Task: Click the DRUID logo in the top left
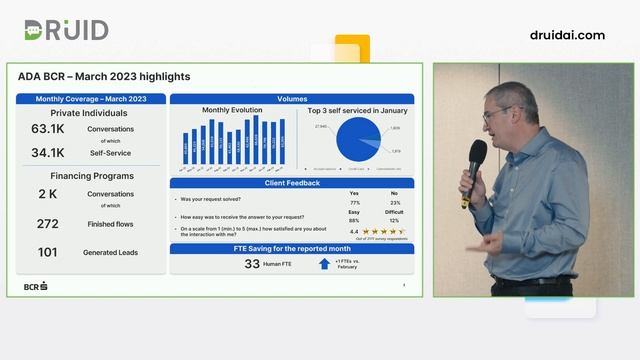coord(66,31)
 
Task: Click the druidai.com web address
coord(567,35)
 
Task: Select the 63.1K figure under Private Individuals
coord(47,129)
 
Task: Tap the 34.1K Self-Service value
coord(47,153)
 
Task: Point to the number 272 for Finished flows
coord(48,224)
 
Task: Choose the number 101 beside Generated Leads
coord(48,252)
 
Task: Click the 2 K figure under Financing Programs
coord(48,194)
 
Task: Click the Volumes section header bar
coord(292,99)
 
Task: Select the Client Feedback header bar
coord(292,183)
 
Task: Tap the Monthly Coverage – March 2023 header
coord(91,99)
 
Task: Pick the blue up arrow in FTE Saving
coord(324,264)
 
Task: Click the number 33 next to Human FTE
coord(252,264)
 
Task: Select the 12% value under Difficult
coord(394,220)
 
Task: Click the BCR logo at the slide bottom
coord(36,287)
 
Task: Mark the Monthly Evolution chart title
coord(232,110)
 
